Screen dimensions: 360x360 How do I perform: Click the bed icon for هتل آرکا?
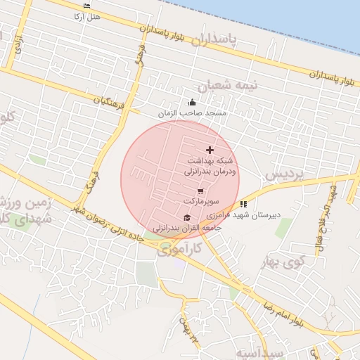click(x=86, y=6)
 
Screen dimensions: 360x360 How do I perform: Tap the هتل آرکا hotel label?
click(x=86, y=15)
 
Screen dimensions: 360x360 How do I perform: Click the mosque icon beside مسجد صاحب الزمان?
click(x=191, y=103)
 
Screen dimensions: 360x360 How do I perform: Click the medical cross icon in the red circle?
click(x=210, y=150)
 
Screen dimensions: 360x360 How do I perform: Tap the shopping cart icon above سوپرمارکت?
click(x=200, y=191)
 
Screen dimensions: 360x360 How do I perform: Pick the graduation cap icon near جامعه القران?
click(x=187, y=218)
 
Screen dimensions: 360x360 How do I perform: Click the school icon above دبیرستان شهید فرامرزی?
click(x=244, y=204)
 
